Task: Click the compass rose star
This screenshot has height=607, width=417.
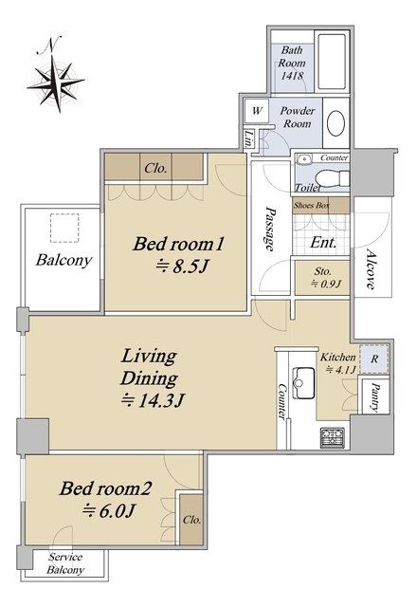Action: coord(57,83)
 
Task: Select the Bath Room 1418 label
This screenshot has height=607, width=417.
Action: coord(292,63)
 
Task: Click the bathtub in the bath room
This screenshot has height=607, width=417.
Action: coord(331,62)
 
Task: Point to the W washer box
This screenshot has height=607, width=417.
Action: coord(257,111)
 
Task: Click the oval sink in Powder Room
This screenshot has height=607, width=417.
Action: coord(335,123)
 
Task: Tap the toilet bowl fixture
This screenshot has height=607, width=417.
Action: coord(332,179)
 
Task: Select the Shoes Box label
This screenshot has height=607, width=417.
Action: coord(312,205)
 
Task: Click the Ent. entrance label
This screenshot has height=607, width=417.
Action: coord(323,243)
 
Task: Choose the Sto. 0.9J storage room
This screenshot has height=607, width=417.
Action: coord(322,278)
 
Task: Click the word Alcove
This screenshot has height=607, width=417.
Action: coord(371,269)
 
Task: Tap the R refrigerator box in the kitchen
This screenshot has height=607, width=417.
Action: coord(374,359)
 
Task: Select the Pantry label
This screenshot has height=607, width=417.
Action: coord(375,396)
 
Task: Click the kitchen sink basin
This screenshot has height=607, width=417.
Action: coord(303,383)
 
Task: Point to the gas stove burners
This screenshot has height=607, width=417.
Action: coord(333,438)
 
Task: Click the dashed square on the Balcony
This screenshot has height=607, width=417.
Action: coord(64,228)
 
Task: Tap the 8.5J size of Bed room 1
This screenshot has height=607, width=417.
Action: coord(182,267)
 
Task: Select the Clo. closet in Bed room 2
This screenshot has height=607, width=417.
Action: coord(191,519)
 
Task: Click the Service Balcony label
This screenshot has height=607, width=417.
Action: coord(65,563)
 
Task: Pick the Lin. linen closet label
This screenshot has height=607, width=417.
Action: coord(248,139)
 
